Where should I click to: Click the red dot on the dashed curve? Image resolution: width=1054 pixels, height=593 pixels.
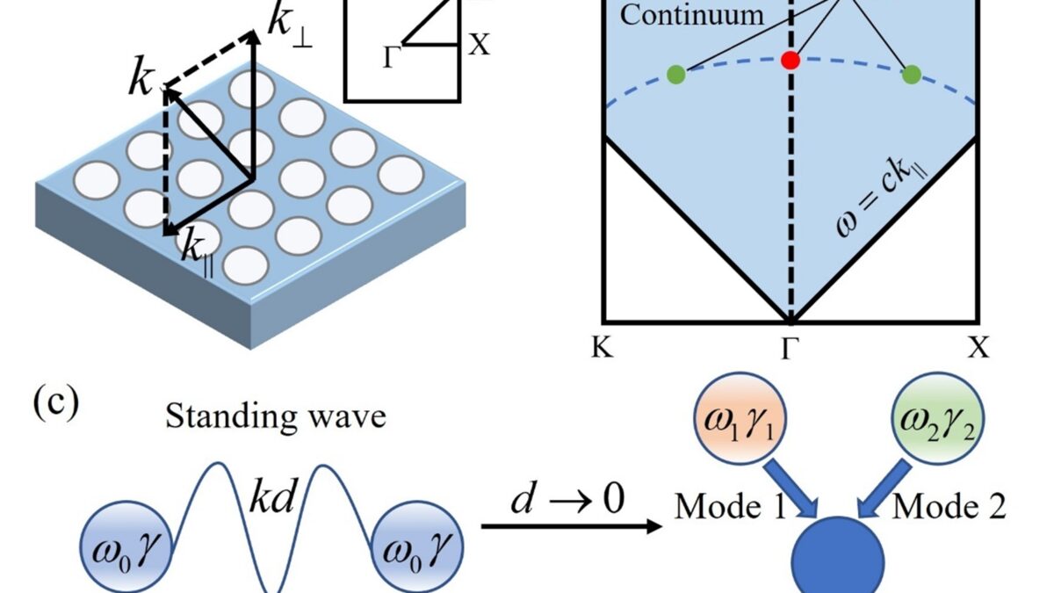point(790,60)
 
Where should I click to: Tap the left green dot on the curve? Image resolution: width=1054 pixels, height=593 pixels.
point(675,75)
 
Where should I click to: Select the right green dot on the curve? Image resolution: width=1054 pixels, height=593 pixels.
point(912,75)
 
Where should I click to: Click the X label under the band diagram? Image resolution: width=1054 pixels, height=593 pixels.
point(978,348)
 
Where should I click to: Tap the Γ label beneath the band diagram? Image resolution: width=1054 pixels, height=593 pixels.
point(790,348)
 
